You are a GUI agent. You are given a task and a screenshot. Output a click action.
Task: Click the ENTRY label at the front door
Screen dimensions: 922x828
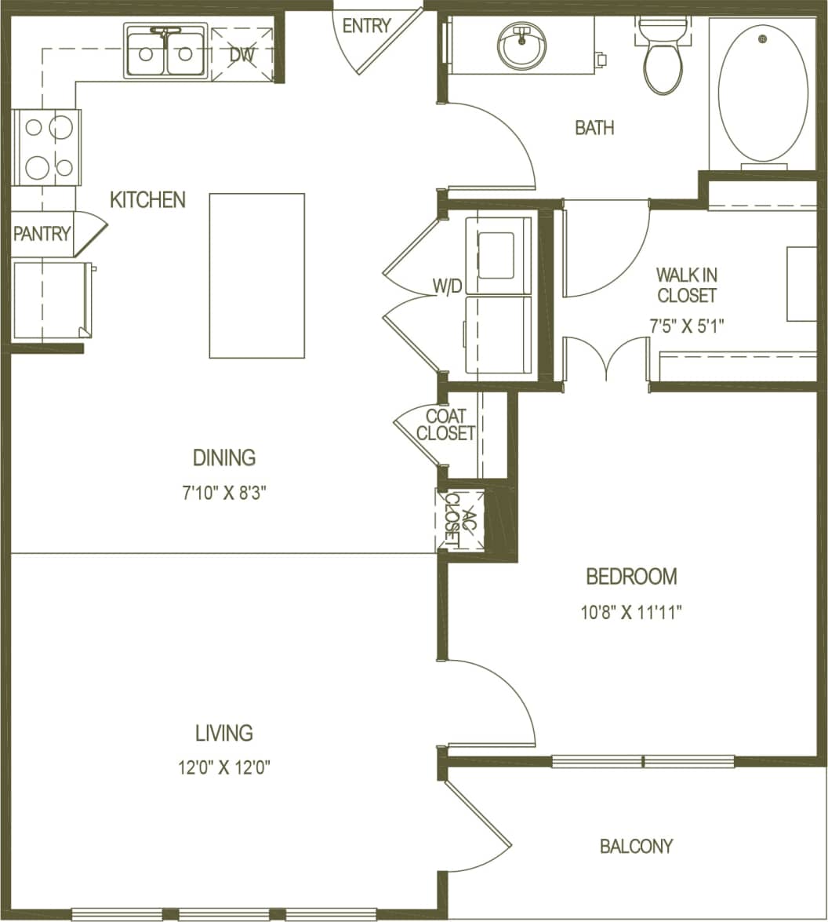366,25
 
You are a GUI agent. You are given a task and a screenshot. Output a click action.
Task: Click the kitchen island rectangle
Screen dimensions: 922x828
256,275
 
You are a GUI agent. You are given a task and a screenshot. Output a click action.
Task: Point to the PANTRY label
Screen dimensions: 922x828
42,234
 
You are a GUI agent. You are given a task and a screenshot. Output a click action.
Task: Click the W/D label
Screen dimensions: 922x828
448,286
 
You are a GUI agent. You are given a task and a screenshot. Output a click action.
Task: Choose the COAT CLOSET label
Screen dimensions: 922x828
445,425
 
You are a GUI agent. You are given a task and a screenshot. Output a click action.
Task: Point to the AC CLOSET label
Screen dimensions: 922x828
460,519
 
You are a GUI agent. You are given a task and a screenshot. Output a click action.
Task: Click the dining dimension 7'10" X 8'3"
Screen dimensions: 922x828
224,494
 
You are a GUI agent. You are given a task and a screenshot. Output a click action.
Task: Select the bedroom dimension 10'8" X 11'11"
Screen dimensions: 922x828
631,613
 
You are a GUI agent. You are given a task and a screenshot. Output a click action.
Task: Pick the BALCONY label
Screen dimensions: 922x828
636,846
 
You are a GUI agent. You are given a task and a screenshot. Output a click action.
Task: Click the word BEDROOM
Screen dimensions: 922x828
631,577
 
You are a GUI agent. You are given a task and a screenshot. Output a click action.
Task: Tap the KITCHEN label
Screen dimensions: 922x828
147,200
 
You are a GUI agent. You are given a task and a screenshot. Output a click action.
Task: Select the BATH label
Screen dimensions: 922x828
594,128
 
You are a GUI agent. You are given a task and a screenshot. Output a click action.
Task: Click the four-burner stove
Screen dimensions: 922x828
45,147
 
